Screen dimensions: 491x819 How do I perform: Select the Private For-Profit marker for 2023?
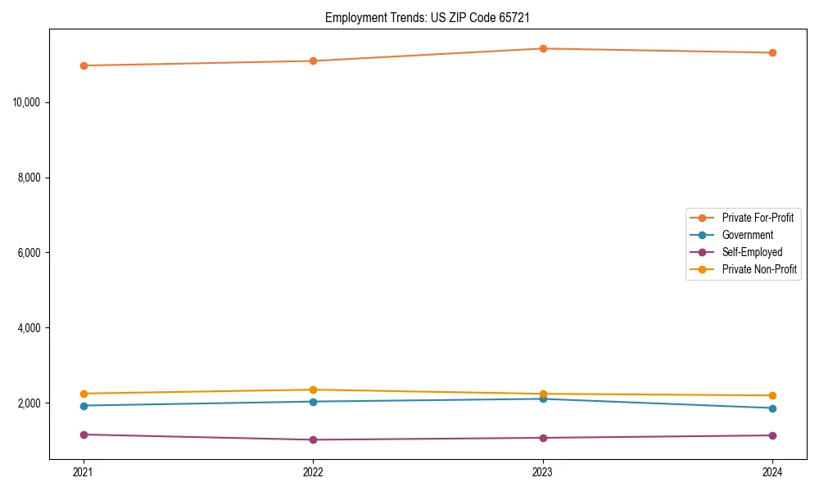click(x=543, y=48)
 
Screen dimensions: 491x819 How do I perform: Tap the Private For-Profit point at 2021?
click(x=84, y=65)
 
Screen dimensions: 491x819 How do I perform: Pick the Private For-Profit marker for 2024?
click(x=772, y=52)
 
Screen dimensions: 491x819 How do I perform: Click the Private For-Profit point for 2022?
click(x=313, y=61)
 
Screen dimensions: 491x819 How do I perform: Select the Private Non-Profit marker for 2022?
click(x=313, y=390)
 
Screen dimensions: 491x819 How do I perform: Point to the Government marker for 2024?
click(x=772, y=408)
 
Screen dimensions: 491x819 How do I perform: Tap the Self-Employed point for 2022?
click(x=313, y=439)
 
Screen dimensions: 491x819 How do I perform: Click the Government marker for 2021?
click(x=84, y=406)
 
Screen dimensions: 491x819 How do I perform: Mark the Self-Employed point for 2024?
click(x=772, y=435)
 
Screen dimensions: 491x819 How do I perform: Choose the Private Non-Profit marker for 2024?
click(x=772, y=395)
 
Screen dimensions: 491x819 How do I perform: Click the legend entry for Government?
click(x=747, y=235)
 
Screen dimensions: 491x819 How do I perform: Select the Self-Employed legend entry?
click(x=752, y=252)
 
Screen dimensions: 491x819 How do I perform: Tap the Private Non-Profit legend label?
click(x=759, y=269)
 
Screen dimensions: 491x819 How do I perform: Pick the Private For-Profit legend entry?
click(x=758, y=218)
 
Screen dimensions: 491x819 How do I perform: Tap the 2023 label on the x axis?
click(x=543, y=472)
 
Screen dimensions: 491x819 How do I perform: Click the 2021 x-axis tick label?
click(x=84, y=472)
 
